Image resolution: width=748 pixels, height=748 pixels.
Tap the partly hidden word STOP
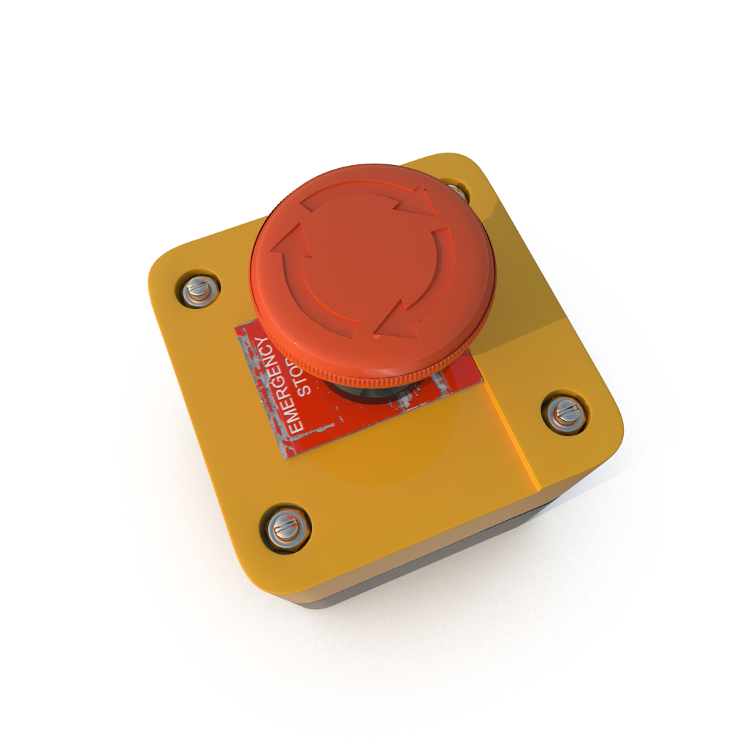pos(304,378)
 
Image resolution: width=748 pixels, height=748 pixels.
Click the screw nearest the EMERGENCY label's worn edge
pos(199,291)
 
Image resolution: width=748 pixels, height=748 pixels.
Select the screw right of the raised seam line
pos(565,413)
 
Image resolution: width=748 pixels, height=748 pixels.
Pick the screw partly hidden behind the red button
pos(457,191)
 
